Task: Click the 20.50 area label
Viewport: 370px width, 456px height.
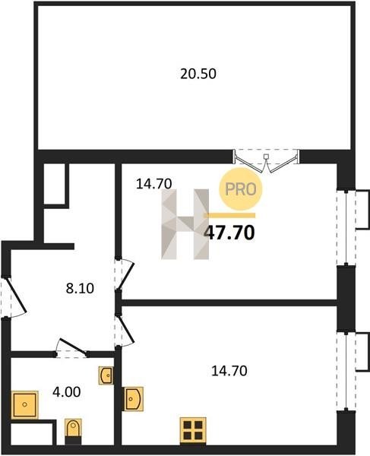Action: click(x=198, y=74)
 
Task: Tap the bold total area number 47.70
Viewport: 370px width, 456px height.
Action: click(x=229, y=233)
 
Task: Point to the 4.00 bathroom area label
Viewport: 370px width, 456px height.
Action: click(x=67, y=392)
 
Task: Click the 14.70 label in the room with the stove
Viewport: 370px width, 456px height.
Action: click(x=229, y=371)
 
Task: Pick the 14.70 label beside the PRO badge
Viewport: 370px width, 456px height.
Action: click(x=154, y=184)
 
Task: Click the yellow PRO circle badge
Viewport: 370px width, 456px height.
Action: click(x=241, y=189)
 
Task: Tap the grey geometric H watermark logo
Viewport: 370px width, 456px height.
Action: click(x=185, y=224)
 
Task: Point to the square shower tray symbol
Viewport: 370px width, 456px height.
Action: click(x=25, y=405)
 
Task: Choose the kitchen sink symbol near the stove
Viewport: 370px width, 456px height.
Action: click(x=134, y=399)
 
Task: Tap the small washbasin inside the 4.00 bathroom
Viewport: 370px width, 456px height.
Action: click(x=106, y=375)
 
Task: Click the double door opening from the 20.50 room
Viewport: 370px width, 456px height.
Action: click(x=266, y=161)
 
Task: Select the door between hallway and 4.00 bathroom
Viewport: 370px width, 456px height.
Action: click(x=71, y=349)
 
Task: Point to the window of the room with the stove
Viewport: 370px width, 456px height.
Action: click(x=346, y=370)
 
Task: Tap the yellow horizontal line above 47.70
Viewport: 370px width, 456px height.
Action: click(x=229, y=216)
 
